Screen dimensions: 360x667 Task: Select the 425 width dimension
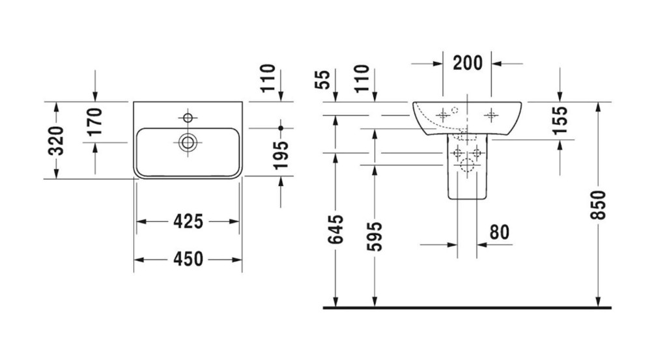(x=188, y=221)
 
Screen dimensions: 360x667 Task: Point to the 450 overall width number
(x=188, y=259)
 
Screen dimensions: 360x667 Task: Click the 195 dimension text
(x=281, y=156)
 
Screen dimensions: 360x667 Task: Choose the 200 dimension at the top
(x=468, y=63)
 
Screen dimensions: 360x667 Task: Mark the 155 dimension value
(x=560, y=120)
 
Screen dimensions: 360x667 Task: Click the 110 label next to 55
(x=362, y=78)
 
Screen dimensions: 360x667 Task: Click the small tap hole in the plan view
(x=189, y=118)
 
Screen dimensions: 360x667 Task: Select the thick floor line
(x=467, y=307)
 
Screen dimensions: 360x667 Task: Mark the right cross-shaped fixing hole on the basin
(x=491, y=115)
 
